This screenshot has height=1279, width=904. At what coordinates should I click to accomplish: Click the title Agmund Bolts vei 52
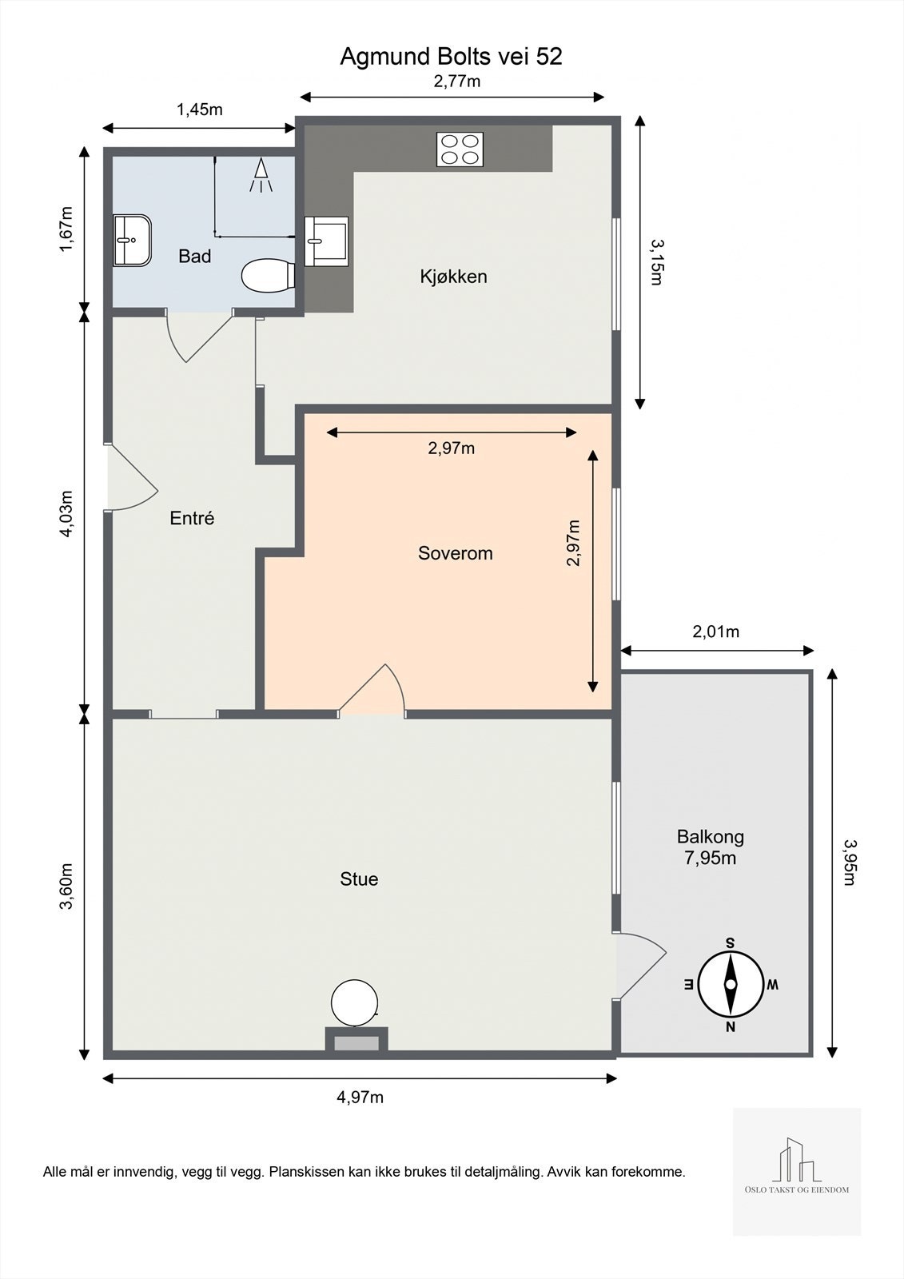click(451, 57)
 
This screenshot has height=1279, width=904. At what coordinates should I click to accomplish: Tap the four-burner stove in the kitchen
click(460, 149)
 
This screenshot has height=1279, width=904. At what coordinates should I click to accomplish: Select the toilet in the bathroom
click(268, 277)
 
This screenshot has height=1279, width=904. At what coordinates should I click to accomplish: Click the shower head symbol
click(261, 175)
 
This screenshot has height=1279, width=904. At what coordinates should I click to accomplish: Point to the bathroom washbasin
click(132, 241)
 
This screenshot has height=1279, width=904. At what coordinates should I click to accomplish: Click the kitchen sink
click(326, 241)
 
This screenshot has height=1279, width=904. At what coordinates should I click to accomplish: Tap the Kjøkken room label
click(453, 277)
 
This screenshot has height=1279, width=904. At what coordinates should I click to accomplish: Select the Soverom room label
click(455, 553)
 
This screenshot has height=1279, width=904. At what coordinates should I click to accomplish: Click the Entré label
click(192, 518)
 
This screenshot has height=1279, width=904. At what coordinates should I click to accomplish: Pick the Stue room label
click(359, 879)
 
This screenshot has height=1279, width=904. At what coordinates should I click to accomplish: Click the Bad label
click(195, 257)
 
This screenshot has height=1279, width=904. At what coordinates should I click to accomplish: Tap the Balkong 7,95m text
click(711, 847)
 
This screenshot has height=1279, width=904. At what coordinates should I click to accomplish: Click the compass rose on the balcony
click(731, 985)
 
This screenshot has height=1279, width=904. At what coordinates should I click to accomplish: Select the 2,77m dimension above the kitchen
click(457, 82)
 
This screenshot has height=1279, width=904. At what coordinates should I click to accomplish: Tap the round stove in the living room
click(354, 1003)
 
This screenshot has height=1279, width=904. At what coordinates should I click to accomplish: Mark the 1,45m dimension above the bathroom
click(199, 110)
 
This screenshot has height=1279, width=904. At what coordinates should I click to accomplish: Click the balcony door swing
click(643, 965)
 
